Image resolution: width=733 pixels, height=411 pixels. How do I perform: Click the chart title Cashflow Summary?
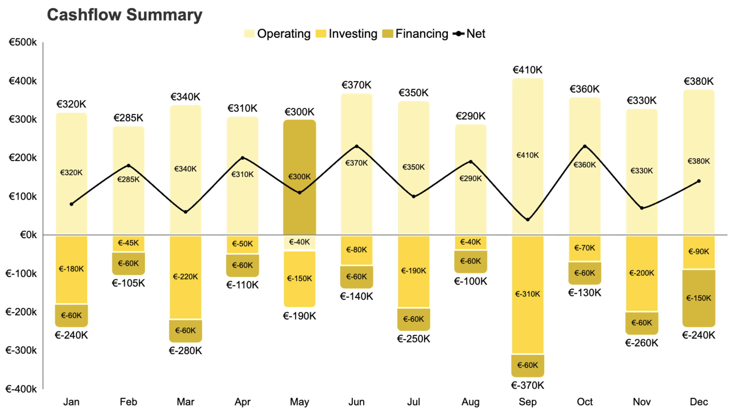point(124,15)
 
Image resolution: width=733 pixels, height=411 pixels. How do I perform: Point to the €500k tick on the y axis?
point(22,42)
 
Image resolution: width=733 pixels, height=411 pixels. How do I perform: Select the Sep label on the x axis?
point(527,402)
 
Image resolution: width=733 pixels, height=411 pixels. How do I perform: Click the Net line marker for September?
point(528,220)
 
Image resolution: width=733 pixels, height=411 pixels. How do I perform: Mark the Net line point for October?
point(585,146)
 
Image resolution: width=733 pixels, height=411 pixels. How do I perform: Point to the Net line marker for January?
point(71,204)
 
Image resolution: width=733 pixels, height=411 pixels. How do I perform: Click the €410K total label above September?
point(527,70)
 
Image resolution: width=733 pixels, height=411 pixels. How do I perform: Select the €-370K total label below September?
point(527,385)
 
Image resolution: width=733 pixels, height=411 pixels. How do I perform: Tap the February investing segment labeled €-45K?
point(128,243)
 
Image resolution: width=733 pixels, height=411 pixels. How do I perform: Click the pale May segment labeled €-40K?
point(299,242)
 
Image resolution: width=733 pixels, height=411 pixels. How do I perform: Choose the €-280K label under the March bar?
point(185,351)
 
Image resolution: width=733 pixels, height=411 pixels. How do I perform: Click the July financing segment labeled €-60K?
point(413,319)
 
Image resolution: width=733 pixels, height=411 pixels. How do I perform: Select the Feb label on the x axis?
point(128,402)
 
